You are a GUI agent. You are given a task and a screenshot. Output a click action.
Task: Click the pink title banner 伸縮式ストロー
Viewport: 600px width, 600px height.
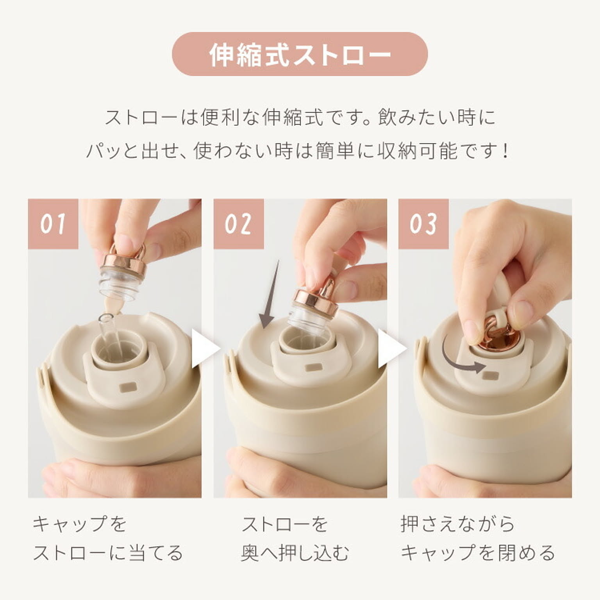tap(300, 54)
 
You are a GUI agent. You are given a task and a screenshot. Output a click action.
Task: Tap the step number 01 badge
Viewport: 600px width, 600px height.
tap(53, 224)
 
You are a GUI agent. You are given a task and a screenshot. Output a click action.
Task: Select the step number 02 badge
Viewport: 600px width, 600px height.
tap(238, 224)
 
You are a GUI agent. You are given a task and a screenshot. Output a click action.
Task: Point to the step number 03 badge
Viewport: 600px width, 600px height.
tap(423, 224)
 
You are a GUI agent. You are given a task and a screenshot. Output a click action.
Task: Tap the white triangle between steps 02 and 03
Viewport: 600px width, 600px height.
tap(389, 348)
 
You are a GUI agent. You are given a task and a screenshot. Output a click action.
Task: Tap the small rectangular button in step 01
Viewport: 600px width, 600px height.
tap(128, 387)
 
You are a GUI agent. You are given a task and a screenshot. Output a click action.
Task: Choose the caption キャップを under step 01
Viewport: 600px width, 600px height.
tap(80, 524)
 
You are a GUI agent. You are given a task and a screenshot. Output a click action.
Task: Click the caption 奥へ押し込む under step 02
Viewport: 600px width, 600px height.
tap(295, 553)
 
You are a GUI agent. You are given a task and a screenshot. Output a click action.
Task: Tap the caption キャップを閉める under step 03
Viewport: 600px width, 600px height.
tap(478, 553)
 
